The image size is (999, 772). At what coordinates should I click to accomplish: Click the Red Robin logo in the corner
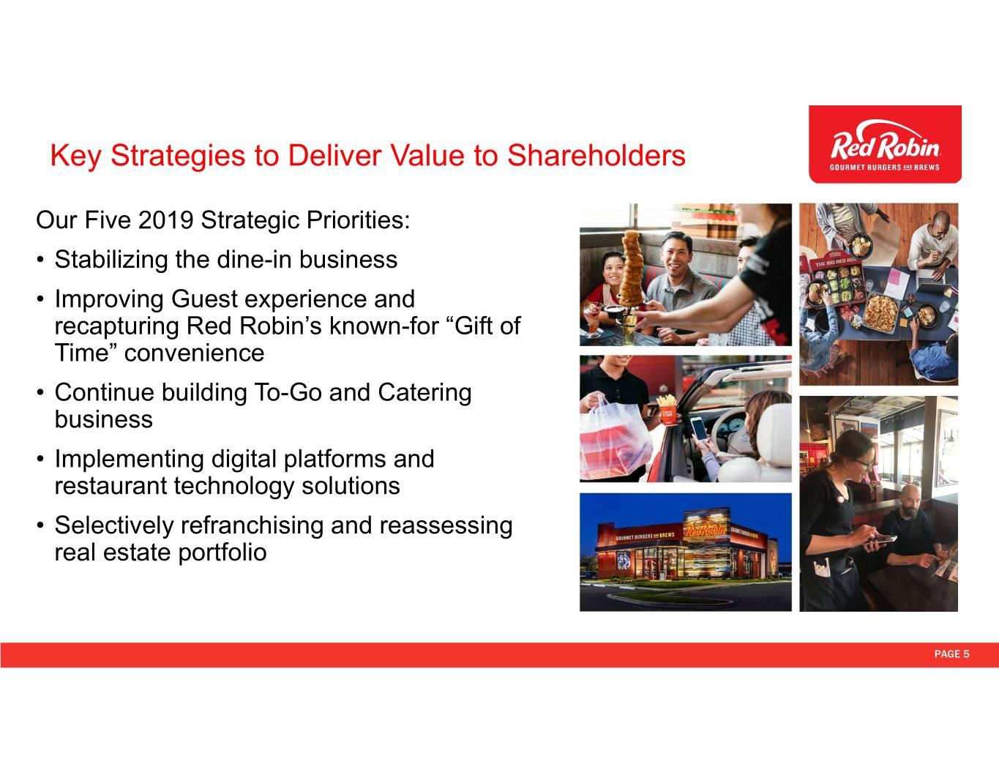point(885,144)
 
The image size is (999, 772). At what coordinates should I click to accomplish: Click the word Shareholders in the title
point(596,155)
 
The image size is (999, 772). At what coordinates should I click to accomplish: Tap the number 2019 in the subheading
point(165,220)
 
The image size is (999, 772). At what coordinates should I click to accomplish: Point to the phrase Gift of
point(487,326)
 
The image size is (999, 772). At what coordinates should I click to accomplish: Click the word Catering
point(424,393)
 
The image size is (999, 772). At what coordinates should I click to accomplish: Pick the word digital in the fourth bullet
point(244,460)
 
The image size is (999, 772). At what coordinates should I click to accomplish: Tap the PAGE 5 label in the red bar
point(951,654)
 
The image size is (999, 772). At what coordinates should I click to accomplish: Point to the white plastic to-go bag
point(614,441)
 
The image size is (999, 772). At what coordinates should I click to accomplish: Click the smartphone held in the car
point(698,429)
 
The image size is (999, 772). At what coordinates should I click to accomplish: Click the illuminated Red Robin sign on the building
point(706,531)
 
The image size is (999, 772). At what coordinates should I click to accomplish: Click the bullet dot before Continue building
point(40,394)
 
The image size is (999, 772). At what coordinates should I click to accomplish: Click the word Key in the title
point(75,157)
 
